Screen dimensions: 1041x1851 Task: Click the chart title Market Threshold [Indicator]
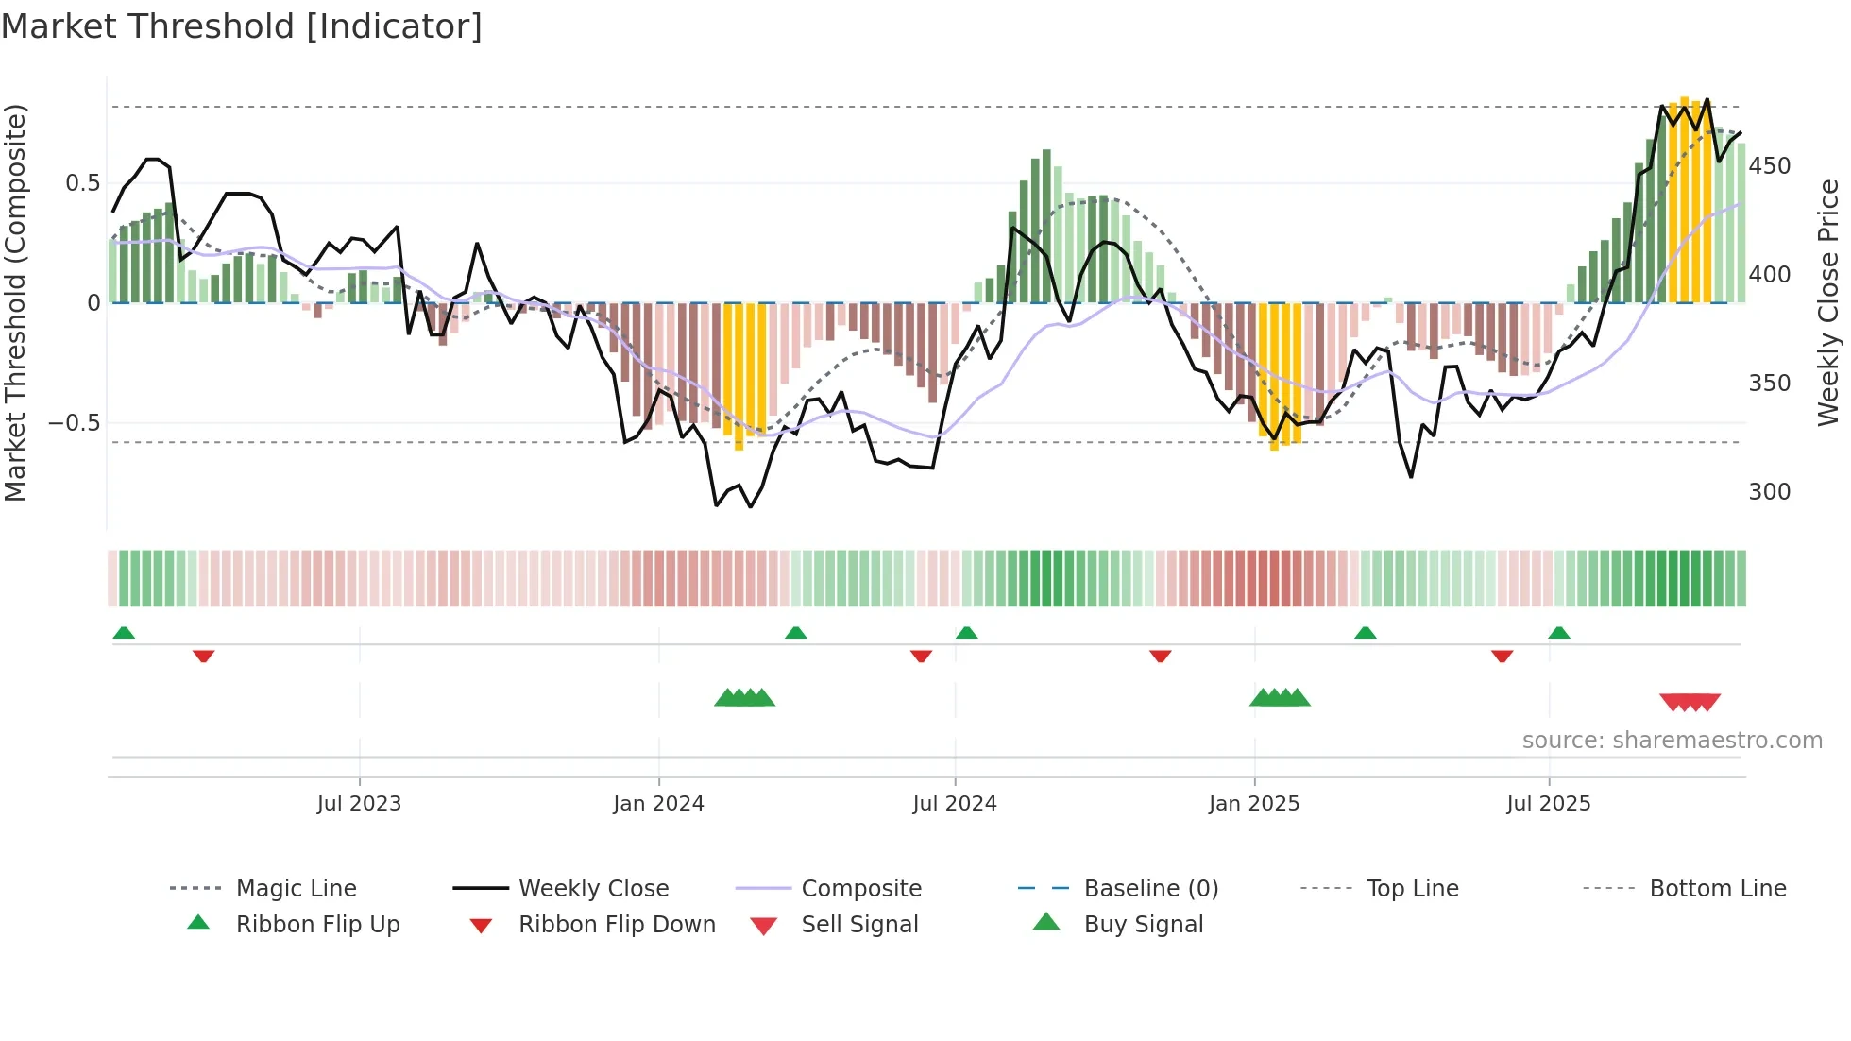pos(242,26)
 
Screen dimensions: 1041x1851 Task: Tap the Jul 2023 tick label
pos(359,804)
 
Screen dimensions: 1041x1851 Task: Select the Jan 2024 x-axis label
pos(658,804)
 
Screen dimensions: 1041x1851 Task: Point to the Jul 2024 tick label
pos(955,804)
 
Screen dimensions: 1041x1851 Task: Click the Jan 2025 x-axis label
pos(1254,804)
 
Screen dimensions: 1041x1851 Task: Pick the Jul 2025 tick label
pos(1549,804)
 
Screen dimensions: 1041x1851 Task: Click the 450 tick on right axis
pos(1770,166)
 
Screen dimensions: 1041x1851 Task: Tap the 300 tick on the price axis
pos(1770,492)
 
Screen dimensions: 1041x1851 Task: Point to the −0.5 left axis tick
pos(75,423)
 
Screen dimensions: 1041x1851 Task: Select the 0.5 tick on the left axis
pos(82,183)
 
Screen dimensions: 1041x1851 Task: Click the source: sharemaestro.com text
pos(1672,741)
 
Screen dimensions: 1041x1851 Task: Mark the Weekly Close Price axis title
pos(1829,302)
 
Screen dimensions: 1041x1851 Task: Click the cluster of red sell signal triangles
pos(1690,702)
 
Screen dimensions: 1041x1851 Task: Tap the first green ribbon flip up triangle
pos(124,633)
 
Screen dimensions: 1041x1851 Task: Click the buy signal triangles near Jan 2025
pos(1280,698)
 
